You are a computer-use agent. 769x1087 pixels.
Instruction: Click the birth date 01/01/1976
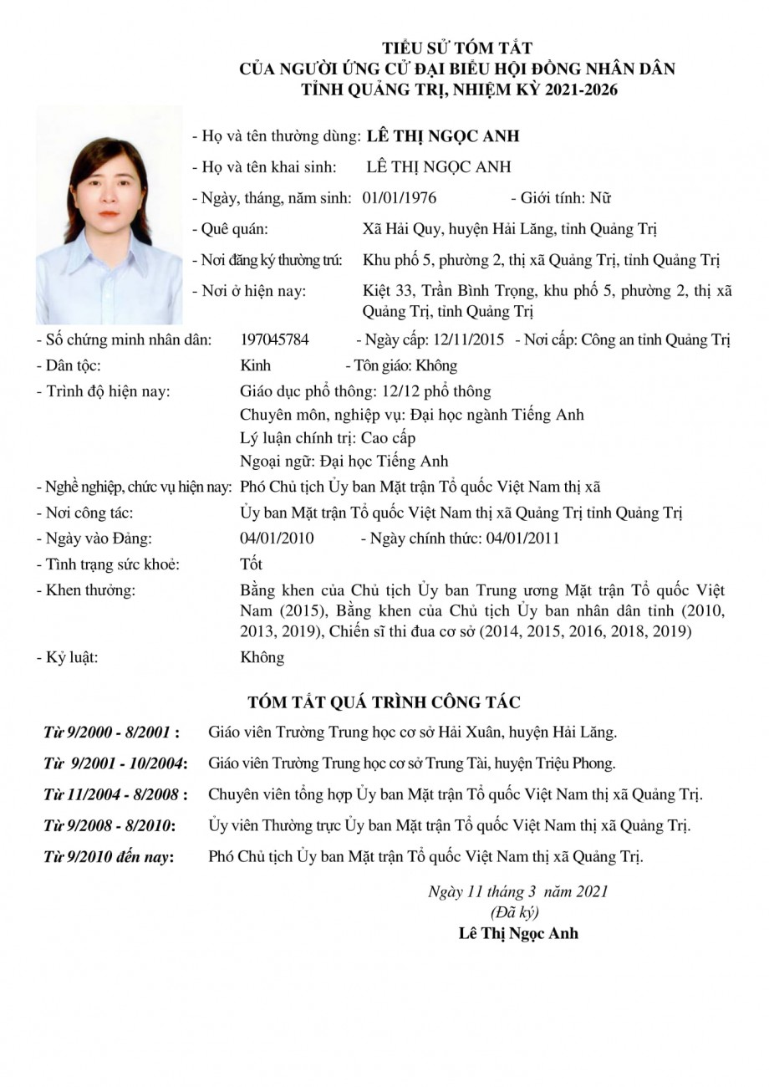pyautogui.click(x=400, y=198)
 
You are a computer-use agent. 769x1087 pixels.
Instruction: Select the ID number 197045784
pyautogui.click(x=274, y=339)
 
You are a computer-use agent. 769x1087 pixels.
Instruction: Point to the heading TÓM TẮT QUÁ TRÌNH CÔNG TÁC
pyautogui.click(x=384, y=702)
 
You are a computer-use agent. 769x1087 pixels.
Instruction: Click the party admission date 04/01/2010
pyautogui.click(x=277, y=538)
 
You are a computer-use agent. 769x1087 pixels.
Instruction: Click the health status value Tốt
pyautogui.click(x=251, y=564)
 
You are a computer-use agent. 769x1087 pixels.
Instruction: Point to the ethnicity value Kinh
pyautogui.click(x=255, y=365)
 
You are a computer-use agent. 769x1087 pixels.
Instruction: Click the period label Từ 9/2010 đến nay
pyautogui.click(x=109, y=856)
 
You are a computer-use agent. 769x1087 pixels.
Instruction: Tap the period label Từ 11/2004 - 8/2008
pyautogui.click(x=115, y=794)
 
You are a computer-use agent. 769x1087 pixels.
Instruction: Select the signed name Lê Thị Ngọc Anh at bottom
pyautogui.click(x=518, y=933)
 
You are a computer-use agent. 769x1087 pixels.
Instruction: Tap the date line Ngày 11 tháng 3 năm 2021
pyautogui.click(x=518, y=891)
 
